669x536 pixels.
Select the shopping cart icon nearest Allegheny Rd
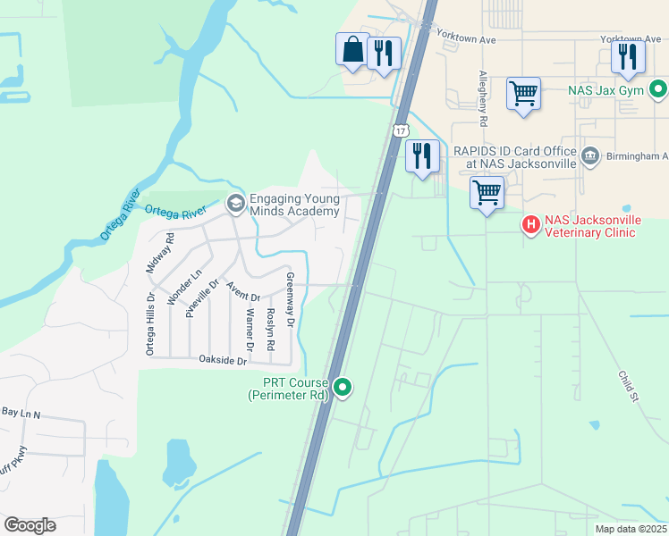(x=523, y=93)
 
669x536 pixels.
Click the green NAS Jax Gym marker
(x=658, y=89)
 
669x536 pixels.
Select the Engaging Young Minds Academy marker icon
(x=236, y=204)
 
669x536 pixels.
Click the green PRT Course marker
(x=343, y=387)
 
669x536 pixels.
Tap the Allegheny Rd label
(x=483, y=97)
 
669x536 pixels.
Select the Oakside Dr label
(x=222, y=360)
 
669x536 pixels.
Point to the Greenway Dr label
(x=290, y=298)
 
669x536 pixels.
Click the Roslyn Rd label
(x=270, y=322)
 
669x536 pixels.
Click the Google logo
(x=30, y=525)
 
